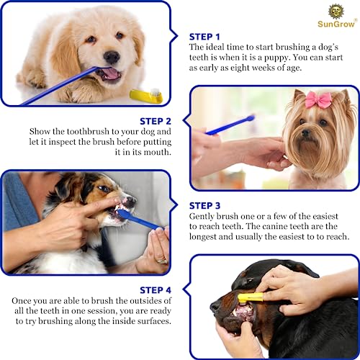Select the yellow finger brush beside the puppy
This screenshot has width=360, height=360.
(145, 95)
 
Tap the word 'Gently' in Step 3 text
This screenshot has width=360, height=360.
(204, 216)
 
